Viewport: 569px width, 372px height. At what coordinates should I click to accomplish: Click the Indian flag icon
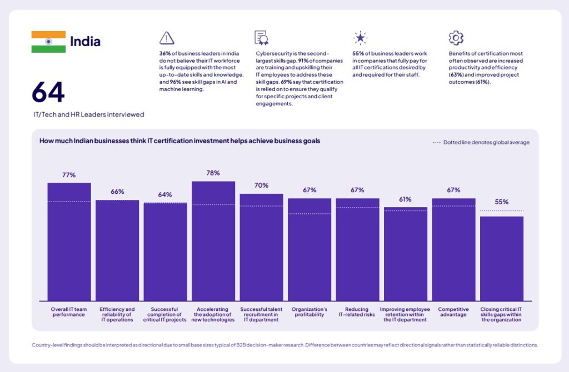point(48,42)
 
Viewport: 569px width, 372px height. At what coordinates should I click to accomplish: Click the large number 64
point(48,92)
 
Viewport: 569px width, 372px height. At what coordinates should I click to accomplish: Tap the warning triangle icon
point(166,38)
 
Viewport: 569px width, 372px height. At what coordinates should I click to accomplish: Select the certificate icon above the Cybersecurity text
point(262,38)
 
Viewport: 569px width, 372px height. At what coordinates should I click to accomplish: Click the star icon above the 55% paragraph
point(360,38)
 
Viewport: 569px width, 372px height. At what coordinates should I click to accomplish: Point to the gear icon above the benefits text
point(456,38)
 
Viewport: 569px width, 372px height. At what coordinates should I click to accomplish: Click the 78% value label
point(213,173)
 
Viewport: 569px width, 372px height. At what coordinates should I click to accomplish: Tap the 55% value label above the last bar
point(502,202)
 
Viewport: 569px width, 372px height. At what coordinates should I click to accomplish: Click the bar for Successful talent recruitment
point(261,247)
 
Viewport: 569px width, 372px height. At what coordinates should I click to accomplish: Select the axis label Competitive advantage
point(453,312)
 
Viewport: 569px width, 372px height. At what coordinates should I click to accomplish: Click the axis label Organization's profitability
point(310,312)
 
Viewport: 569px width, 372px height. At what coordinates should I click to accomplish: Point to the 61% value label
point(406,199)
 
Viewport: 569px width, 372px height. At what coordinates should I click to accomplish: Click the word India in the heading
point(85,42)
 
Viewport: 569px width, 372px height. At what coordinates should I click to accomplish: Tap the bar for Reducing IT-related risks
point(357,249)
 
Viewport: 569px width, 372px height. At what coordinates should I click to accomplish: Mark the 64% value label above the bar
point(165,195)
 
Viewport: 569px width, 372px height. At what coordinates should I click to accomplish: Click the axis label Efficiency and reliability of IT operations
point(117,314)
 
